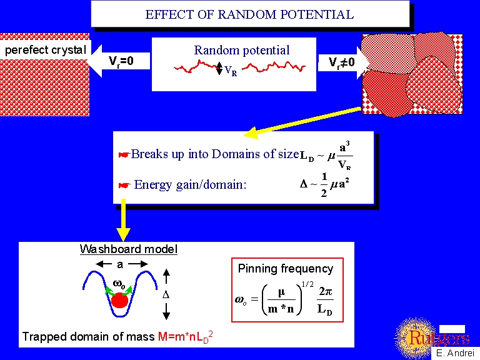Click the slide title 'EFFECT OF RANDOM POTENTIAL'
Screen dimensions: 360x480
tap(249, 14)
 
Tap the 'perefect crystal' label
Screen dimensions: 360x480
tap(46, 50)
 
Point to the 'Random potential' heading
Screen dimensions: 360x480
tap(242, 51)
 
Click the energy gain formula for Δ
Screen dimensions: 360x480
tap(324, 185)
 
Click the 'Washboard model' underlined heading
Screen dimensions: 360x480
tap(128, 249)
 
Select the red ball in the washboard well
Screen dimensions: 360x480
tap(119, 301)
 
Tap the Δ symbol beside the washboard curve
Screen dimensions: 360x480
tap(166, 294)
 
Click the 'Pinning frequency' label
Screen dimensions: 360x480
tap(286, 269)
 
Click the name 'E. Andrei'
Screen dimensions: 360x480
tap(456, 353)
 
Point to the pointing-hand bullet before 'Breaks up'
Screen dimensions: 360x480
tap(124, 154)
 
